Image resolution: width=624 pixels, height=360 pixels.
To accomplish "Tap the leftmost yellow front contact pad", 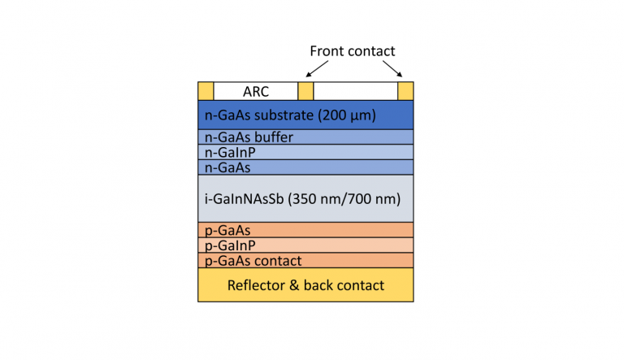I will [206, 91].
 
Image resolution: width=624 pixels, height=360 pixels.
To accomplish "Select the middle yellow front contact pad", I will [305, 91].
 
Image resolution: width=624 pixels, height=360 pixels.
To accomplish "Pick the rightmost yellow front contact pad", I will [405, 91].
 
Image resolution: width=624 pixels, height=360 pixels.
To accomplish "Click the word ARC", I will [256, 92].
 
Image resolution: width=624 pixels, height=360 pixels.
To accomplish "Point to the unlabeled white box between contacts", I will [355, 91].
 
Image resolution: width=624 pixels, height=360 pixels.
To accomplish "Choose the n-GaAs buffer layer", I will [305, 137].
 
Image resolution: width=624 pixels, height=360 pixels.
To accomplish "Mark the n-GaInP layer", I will [305, 152].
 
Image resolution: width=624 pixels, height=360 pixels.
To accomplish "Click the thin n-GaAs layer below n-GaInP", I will [305, 167].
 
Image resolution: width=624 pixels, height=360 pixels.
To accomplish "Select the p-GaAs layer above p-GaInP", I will [305, 231].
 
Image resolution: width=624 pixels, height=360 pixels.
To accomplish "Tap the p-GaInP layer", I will [305, 245].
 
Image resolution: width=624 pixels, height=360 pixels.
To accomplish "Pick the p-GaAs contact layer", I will [305, 261].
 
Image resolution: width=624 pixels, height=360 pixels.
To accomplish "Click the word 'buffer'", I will [272, 137].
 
